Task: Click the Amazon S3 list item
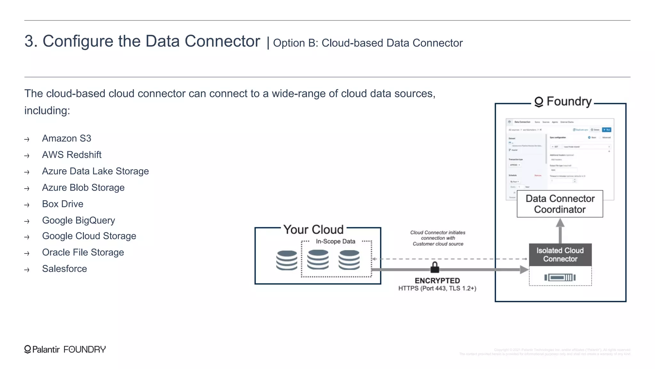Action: tap(67, 138)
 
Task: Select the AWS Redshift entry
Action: tap(72, 155)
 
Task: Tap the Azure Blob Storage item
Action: tap(83, 188)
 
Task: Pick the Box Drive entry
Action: tap(63, 204)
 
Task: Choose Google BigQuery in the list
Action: tap(78, 220)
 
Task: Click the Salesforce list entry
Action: tap(64, 269)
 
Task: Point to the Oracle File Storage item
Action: tap(83, 252)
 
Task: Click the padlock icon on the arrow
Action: tap(435, 267)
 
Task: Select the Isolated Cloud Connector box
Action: tap(560, 255)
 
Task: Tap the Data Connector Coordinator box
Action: tap(560, 204)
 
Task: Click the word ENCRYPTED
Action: tap(437, 281)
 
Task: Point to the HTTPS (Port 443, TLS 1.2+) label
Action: tap(437, 288)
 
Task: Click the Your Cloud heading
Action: tap(313, 229)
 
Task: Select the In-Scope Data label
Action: tap(335, 242)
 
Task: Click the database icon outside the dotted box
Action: tap(287, 260)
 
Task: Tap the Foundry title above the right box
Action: tap(564, 102)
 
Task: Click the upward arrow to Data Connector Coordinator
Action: tap(560, 231)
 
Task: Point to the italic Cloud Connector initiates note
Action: tap(438, 238)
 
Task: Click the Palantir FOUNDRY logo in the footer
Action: tap(65, 349)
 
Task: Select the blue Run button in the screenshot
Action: tap(606, 130)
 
